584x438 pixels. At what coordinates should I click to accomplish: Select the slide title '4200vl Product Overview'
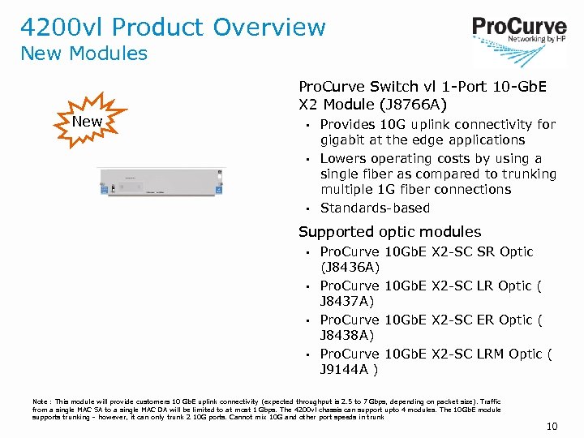173,27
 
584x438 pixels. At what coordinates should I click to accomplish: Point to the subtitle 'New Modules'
84,54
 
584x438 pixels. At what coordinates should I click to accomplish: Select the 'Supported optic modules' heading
389,232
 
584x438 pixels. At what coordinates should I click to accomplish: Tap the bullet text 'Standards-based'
375,208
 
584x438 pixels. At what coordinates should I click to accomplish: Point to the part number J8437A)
347,301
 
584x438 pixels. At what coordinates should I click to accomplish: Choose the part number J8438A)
347,335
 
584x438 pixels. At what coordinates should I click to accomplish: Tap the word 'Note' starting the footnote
41,401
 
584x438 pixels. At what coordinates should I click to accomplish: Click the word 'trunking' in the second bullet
529,174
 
